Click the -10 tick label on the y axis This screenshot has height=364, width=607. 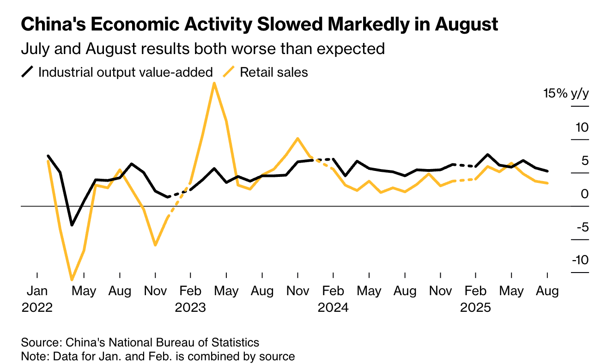point(580,260)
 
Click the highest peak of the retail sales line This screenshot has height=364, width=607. point(214,83)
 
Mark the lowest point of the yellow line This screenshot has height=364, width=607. point(72,279)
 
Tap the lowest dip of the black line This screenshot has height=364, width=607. point(72,225)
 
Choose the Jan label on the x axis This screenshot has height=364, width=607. point(37,291)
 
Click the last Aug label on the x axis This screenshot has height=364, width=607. point(547,291)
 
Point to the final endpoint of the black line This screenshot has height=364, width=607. point(547,171)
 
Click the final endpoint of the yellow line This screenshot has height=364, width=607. point(547,183)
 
